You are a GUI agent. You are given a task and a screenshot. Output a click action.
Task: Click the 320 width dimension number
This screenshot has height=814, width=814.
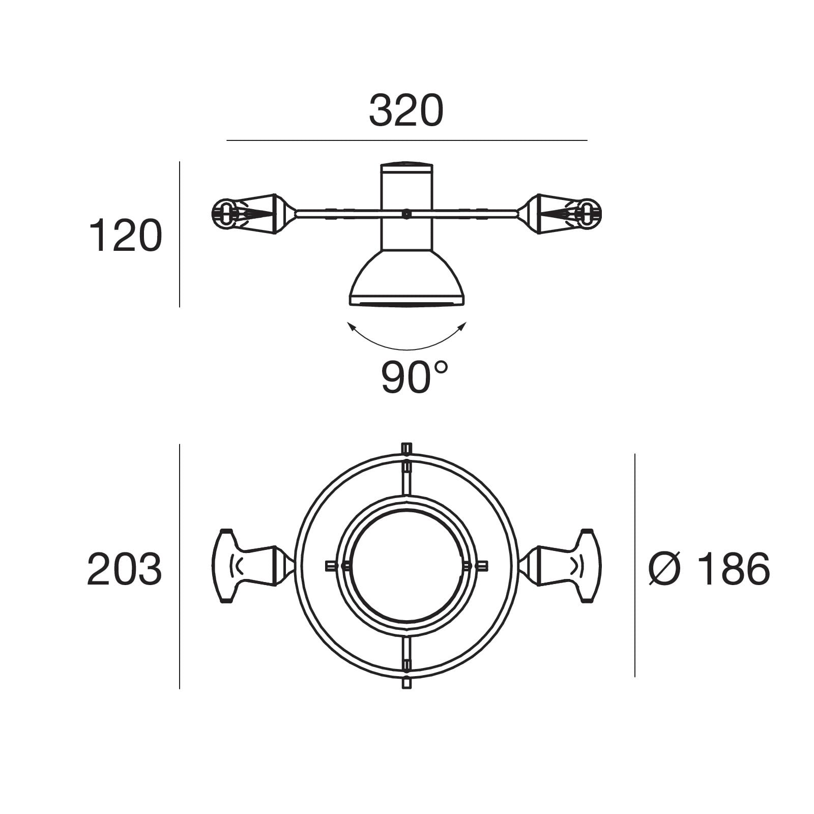click(x=406, y=111)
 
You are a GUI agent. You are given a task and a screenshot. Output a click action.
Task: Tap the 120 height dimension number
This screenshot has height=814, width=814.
click(x=125, y=236)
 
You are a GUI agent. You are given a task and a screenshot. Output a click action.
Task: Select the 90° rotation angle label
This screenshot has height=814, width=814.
click(x=414, y=377)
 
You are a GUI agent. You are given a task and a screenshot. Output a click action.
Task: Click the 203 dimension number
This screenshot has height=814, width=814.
click(x=124, y=569)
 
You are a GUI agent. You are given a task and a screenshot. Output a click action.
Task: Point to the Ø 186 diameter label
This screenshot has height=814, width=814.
click(x=709, y=569)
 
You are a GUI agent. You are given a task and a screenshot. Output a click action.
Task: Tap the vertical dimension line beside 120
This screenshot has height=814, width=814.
click(x=180, y=234)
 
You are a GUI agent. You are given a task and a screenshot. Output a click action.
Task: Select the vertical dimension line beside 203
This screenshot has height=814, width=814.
click(x=180, y=566)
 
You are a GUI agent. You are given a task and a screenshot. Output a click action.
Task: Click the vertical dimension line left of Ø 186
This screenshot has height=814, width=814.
click(x=634, y=565)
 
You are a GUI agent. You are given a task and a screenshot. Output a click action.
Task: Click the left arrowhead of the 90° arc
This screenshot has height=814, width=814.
click(x=351, y=326)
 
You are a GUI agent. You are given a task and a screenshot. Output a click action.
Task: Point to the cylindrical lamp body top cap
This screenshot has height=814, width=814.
click(x=406, y=167)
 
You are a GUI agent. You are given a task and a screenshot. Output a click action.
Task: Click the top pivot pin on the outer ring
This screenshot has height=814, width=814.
click(x=406, y=449)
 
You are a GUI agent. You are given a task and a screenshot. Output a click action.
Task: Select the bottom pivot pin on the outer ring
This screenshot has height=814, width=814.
click(x=406, y=683)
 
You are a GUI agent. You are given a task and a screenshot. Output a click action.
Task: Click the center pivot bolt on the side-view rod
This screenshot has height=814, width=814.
click(x=405, y=214)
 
